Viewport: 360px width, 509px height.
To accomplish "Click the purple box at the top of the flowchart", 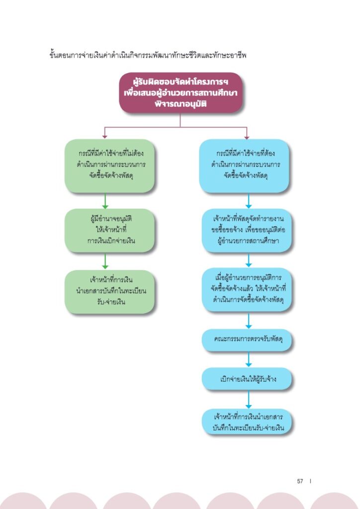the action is [180, 92].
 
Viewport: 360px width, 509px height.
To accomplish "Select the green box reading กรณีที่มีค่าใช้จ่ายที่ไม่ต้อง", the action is [109, 166].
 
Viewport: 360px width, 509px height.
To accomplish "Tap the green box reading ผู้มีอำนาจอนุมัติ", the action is [109, 230].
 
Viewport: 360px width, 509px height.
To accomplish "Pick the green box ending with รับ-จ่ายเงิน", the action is [109, 291].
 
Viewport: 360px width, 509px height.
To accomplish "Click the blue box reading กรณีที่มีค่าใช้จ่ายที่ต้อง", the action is [244, 166].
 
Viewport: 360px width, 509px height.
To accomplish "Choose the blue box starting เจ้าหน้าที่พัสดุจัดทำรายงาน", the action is [247, 230].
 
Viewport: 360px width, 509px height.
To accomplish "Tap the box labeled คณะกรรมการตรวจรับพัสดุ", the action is [247, 339].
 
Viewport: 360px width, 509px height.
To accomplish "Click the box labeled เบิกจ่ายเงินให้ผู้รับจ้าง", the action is [247, 379].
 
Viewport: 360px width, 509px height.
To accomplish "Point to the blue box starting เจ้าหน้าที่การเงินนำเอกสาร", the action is [247, 422].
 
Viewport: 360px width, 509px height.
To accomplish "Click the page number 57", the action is [300, 481].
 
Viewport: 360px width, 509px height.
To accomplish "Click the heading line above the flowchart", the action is [148, 55].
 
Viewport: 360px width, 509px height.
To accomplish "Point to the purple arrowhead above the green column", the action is [104, 137].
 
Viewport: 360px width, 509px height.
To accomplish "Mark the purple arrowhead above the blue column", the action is [247, 137].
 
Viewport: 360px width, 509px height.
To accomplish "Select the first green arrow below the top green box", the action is [105, 201].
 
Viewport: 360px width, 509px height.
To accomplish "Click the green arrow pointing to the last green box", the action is [105, 261].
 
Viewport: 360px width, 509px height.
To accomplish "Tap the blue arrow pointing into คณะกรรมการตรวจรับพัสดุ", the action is [249, 321].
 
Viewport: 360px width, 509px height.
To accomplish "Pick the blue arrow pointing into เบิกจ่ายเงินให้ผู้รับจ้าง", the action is [249, 359].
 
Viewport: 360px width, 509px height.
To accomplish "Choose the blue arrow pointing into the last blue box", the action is [249, 399].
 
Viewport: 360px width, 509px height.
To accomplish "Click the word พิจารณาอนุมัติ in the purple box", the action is [180, 104].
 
